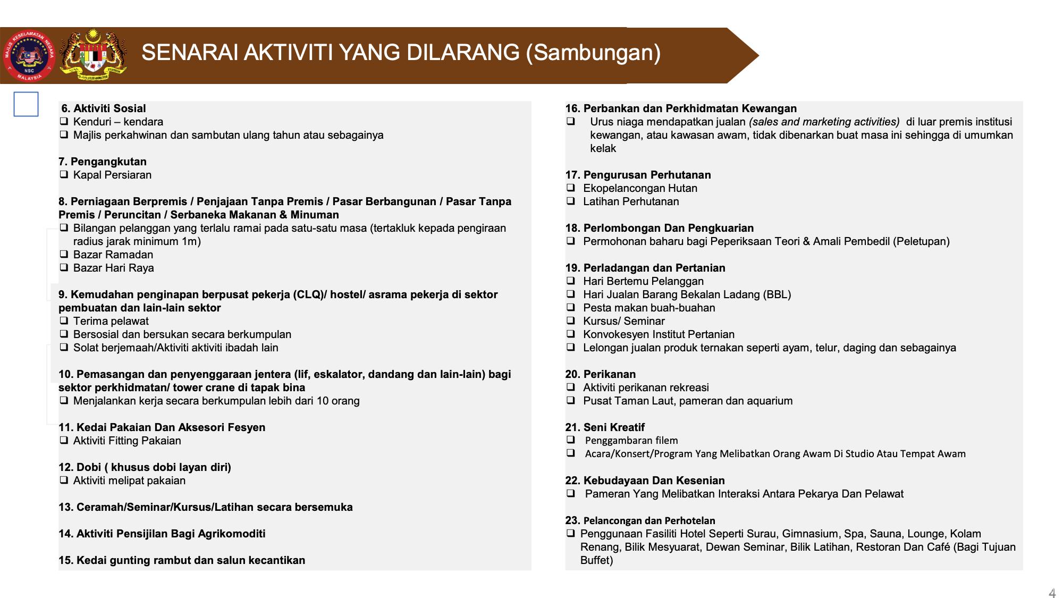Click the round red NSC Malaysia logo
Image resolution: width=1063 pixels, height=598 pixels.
29,55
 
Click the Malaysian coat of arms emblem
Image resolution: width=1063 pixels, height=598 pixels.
93,55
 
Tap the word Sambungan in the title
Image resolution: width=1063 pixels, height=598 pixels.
593,53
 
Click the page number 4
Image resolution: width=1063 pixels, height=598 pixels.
1052,593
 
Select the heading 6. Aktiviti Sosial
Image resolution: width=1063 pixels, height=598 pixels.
104,108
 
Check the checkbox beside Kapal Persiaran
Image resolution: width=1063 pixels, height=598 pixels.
64,174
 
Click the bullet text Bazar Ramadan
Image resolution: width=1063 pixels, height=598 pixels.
113,255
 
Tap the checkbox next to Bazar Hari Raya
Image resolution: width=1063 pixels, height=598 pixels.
64,267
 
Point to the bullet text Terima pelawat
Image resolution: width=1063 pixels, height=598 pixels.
111,321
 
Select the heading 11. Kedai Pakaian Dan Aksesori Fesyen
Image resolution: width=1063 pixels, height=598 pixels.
162,427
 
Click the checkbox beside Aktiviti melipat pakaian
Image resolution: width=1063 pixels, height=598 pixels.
64,480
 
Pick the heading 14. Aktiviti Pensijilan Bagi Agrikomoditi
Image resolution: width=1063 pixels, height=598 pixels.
162,534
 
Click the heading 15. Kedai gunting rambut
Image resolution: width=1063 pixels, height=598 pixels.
182,560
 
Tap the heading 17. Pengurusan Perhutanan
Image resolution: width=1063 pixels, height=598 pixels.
638,175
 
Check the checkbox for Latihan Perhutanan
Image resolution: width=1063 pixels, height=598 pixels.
571,201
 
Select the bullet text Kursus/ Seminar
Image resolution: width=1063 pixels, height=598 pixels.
624,321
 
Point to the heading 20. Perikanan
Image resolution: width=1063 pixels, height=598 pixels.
601,374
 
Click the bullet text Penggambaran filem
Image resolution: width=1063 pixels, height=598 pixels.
631,441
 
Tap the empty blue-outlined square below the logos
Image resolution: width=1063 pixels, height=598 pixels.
26,104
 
